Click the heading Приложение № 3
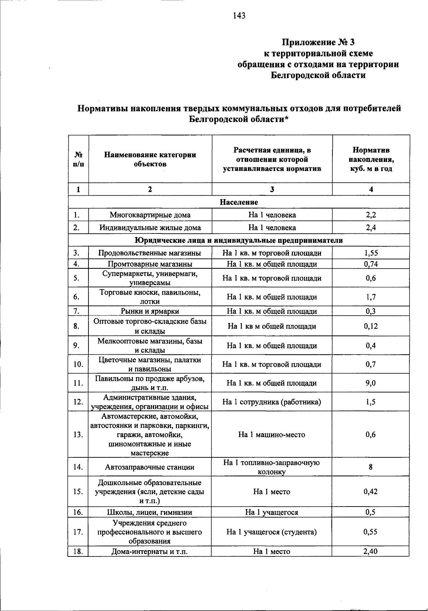click(319, 42)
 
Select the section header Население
click(239, 202)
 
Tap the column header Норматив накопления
click(371, 159)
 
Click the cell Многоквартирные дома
click(150, 215)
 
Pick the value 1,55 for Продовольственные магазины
click(371, 253)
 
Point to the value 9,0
click(371, 383)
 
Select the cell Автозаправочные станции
click(150, 467)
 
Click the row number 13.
click(78, 435)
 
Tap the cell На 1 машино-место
click(272, 435)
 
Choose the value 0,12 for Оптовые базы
click(371, 326)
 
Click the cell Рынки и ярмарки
click(150, 311)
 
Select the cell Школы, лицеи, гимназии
click(150, 513)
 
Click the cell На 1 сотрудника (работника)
click(272, 402)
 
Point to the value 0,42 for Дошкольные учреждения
click(371, 492)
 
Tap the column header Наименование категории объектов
click(150, 159)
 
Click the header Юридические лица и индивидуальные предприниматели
click(239, 240)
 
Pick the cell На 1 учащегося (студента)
click(272, 532)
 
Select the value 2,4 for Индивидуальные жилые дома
click(371, 228)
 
